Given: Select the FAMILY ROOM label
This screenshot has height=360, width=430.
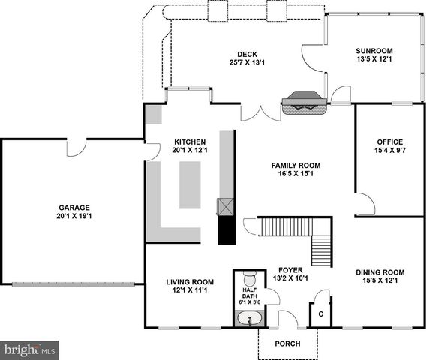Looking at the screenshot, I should [296, 165].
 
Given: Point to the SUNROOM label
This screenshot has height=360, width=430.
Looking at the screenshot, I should [374, 51].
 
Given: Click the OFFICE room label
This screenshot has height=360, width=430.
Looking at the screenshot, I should [390, 142].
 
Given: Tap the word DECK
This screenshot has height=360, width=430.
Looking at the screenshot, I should [248, 54].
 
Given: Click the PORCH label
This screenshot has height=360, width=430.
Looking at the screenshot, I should [287, 343].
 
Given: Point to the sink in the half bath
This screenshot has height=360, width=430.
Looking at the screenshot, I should [249, 320].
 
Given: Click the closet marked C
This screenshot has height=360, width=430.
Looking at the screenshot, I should [321, 314].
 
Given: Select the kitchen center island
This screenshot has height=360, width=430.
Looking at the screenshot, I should [190, 185].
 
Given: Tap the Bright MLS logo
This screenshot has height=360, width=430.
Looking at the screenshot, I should [30, 349].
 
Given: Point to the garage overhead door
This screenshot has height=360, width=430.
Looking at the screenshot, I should [73, 283].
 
